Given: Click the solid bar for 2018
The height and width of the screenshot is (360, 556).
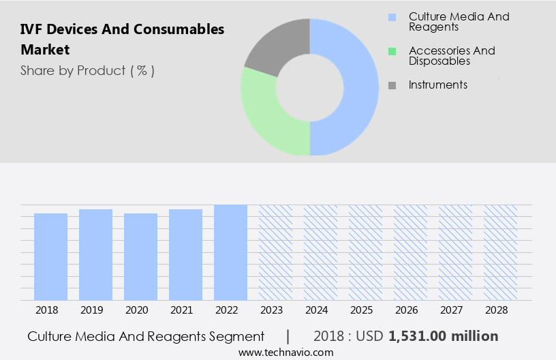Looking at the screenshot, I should [50, 256].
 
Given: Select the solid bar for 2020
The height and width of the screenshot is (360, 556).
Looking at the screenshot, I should [140, 256].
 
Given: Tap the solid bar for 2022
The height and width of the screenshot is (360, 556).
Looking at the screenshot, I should [230, 252].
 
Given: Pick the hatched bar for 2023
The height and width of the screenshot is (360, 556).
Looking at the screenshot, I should [275, 252].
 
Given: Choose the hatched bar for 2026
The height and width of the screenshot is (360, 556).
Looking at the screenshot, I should [410, 252].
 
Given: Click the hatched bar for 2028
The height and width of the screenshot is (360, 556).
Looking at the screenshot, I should [500, 252].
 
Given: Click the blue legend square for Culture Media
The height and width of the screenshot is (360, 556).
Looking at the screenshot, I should [392, 16].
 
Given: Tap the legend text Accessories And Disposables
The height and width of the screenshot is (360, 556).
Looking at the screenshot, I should [451, 55].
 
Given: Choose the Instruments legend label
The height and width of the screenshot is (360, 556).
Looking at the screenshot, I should [437, 85].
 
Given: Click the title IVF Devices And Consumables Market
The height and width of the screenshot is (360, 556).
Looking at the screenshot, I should [122, 39].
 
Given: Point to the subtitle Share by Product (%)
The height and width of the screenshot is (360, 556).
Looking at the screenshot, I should [87, 70].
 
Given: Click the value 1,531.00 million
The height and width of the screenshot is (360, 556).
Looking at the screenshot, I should [443, 336].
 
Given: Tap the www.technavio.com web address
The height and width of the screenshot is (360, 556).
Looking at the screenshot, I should [286, 352].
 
